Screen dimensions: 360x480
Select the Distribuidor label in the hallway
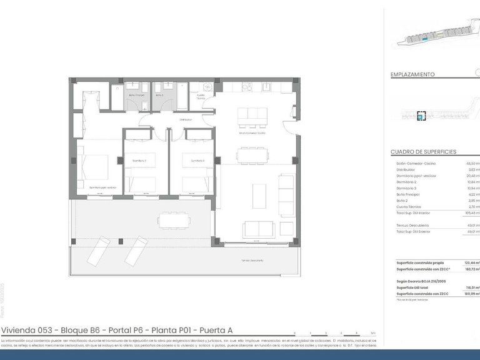point(186,119)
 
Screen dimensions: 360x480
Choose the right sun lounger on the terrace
point(135,251)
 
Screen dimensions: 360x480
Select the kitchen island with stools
point(252,115)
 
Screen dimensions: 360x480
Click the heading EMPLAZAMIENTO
point(412,74)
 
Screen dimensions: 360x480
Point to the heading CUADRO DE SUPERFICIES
point(423,152)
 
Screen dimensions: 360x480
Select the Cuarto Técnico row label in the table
point(409,206)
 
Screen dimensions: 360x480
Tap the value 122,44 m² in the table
point(470,262)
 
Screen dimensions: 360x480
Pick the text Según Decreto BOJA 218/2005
point(419,282)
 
